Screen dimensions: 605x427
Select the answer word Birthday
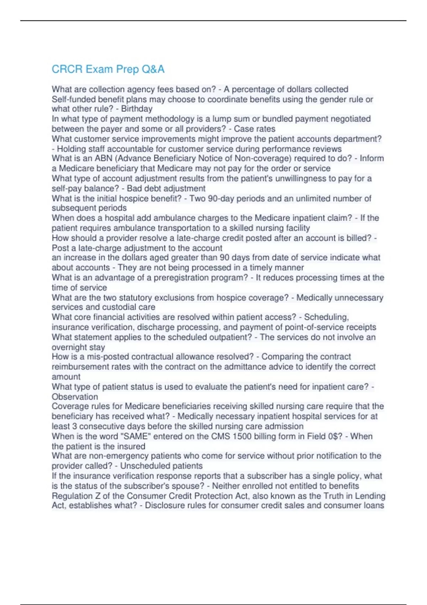pyautogui.click(x=137, y=109)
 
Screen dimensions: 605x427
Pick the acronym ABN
pyautogui.click(x=104, y=158)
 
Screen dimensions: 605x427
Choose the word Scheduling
pyautogui.click(x=326, y=317)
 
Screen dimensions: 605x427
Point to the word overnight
pyautogui.click(x=68, y=347)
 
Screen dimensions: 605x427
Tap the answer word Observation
pyautogui.click(x=75, y=397)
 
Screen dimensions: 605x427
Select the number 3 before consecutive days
pyautogui.click(x=75, y=426)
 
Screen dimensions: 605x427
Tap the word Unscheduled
pyautogui.click(x=140, y=466)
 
